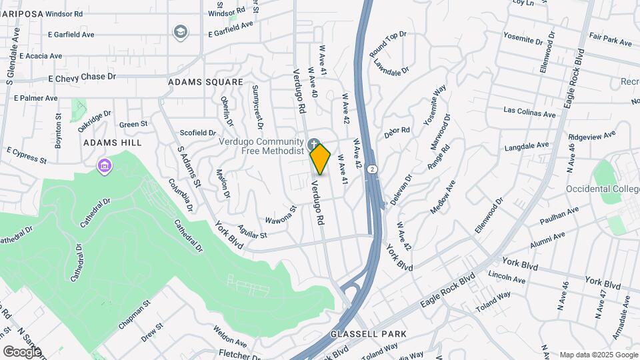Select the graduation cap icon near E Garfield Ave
tap(180, 31)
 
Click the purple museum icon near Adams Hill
tap(103, 165)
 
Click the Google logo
tap(22, 351)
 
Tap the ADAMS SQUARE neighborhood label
tap(205, 82)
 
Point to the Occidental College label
tap(602, 189)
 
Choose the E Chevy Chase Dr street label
tap(82, 77)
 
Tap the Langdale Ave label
tap(527, 145)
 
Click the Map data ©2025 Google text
tap(597, 355)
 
